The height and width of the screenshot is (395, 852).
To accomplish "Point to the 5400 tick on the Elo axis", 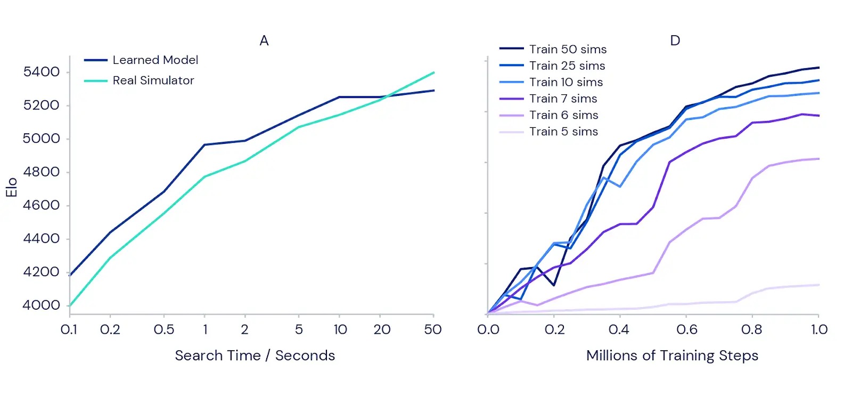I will pyautogui.click(x=41, y=72).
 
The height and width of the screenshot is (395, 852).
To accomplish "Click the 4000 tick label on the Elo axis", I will pyautogui.click(x=41, y=305).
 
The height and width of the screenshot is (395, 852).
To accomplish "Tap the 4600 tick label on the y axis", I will pyautogui.click(x=41, y=205).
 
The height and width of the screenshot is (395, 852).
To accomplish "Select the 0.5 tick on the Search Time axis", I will pyautogui.click(x=164, y=329).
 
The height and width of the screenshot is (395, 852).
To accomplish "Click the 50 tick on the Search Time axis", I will pyautogui.click(x=433, y=329).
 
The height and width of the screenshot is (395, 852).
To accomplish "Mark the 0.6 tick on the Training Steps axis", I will pyautogui.click(x=686, y=329).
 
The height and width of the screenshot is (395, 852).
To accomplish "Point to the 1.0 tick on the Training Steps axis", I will pyautogui.click(x=819, y=329).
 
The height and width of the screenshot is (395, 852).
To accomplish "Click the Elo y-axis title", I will pyautogui.click(x=12, y=188).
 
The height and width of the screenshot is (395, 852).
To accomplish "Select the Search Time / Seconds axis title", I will pyautogui.click(x=255, y=356).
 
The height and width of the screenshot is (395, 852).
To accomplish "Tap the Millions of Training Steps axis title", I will pyautogui.click(x=672, y=356).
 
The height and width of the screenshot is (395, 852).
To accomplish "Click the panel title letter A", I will pyautogui.click(x=264, y=41).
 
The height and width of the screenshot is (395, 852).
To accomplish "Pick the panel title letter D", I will pyautogui.click(x=675, y=41).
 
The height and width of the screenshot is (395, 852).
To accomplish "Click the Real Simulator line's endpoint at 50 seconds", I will pyautogui.click(x=434, y=72).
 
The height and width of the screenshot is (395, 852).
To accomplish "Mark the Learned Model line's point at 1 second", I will pyautogui.click(x=204, y=144).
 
